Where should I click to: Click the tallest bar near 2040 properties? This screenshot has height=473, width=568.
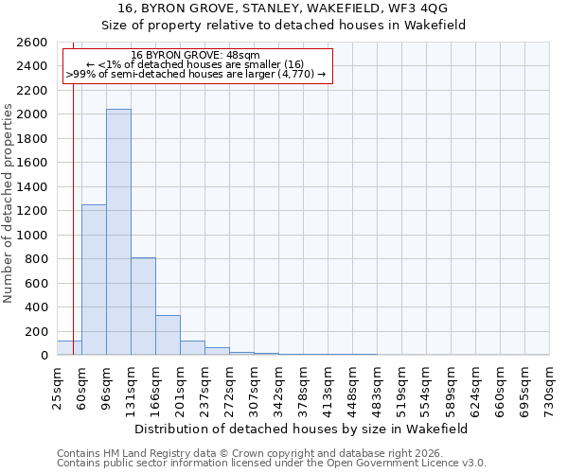pyautogui.click(x=118, y=232)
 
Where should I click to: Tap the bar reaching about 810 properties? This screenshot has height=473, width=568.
pyautogui.click(x=143, y=307)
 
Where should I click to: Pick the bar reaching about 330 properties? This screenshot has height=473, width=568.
pyautogui.click(x=168, y=335)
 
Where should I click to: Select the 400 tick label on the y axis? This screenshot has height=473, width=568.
pyautogui.click(x=38, y=307)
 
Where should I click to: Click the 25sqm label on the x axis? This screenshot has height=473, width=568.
pyautogui.click(x=57, y=387)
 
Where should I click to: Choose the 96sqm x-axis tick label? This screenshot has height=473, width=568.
pyautogui.click(x=106, y=387)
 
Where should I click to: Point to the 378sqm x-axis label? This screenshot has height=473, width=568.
pyautogui.click(x=303, y=389)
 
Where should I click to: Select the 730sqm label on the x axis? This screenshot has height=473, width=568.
pyautogui.click(x=549, y=389)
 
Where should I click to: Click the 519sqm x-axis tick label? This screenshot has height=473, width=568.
pyautogui.click(x=401, y=389)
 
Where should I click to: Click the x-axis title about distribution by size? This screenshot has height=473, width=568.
pyautogui.click(x=302, y=429)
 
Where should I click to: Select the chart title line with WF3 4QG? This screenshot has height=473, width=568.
pyautogui.click(x=302, y=9)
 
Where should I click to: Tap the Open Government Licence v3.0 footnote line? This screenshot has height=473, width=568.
pyautogui.click(x=272, y=464)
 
